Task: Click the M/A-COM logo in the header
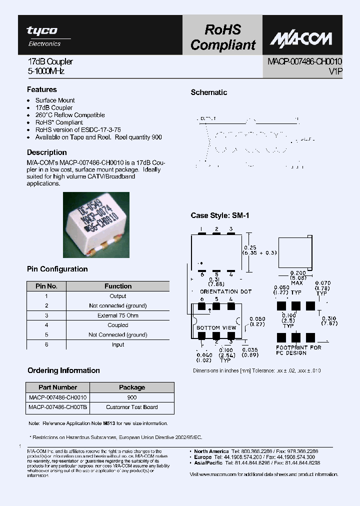point(302,39)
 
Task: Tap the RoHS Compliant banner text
point(222,37)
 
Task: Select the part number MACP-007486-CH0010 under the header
point(304,61)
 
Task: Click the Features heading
point(41,89)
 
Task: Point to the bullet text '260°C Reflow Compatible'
point(70,115)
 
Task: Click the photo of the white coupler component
point(96,225)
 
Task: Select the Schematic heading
point(208,92)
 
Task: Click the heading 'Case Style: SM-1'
point(219,215)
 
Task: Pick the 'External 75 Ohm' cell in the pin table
point(118,315)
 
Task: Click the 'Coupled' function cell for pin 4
point(118,325)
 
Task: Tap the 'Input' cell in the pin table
point(118,344)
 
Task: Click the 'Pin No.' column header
point(46,286)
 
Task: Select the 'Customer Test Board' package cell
point(132,407)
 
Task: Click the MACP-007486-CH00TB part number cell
point(58,407)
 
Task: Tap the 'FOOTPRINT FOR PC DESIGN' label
point(298,350)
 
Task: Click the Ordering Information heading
point(63,370)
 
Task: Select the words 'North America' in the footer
point(211,451)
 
